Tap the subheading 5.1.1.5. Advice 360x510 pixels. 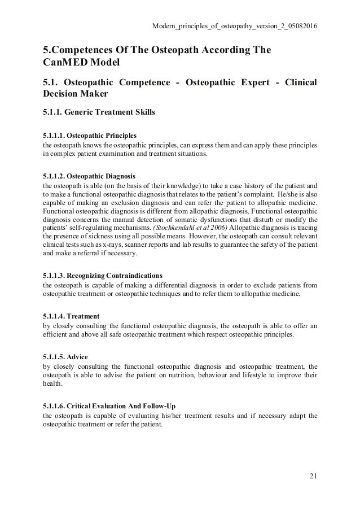pos(67,355)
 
